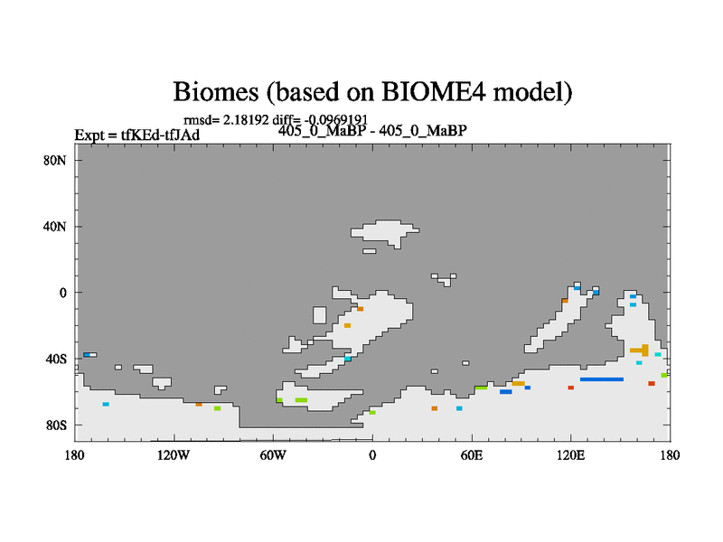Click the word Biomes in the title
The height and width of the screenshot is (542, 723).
tap(215, 92)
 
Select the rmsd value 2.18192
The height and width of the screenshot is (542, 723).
tap(246, 120)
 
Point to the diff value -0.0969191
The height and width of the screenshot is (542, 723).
tap(335, 120)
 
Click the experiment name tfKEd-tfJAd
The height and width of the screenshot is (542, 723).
tap(160, 135)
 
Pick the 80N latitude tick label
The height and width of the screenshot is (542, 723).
tap(55, 161)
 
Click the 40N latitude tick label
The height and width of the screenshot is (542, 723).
tap(55, 227)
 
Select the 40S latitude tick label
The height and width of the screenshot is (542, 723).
tap(56, 359)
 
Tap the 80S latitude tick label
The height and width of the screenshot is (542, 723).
tap(56, 425)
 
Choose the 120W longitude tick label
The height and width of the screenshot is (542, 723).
tap(174, 455)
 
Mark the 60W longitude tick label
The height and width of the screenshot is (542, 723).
tap(273, 455)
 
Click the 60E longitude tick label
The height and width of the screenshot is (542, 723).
tap(472, 455)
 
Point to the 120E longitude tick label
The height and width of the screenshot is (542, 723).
tap(571, 455)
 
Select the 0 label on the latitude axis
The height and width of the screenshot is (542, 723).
tap(62, 293)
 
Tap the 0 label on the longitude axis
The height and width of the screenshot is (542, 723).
tap(372, 455)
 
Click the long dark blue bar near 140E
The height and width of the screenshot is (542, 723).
tap(602, 379)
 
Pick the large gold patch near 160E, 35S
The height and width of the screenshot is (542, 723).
tap(640, 350)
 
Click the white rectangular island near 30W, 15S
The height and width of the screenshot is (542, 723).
tap(320, 315)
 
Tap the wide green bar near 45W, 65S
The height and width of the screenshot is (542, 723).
tap(301, 400)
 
